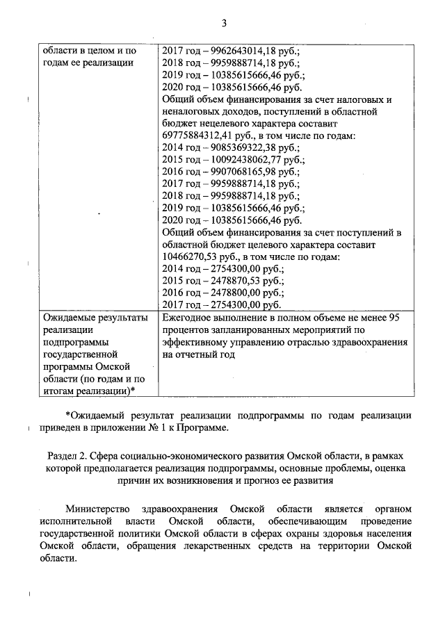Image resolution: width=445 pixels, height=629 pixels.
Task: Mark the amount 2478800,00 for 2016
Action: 237,292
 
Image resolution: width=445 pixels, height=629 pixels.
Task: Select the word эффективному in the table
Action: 199,343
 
